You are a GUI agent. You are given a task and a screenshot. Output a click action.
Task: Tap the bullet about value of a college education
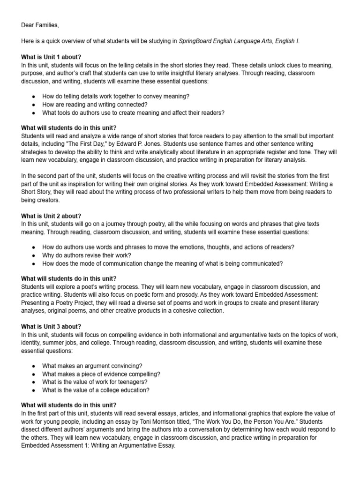[96, 390]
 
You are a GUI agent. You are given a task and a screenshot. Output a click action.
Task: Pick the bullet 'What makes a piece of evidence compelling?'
[101, 374]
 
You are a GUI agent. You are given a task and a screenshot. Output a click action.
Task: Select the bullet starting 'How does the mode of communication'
[162, 263]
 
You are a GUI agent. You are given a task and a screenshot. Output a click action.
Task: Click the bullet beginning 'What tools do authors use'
[133, 112]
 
